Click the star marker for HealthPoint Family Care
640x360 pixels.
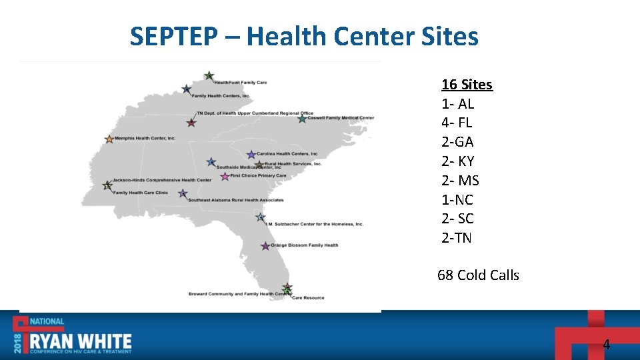pyautogui.click(x=209, y=76)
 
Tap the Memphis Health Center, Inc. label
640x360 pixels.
pyautogui.click(x=145, y=139)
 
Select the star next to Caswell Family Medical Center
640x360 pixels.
pyautogui.click(x=302, y=119)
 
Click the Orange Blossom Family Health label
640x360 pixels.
pyautogui.click(x=304, y=245)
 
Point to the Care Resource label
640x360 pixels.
pyautogui.click(x=308, y=297)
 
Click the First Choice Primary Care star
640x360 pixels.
pyautogui.click(x=225, y=176)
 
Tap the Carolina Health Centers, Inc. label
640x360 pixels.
pyautogui.click(x=287, y=154)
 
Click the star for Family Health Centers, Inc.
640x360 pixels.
pyautogui.click(x=187, y=89)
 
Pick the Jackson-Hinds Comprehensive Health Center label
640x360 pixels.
pyautogui.click(x=162, y=180)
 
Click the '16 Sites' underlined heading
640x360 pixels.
pyautogui.click(x=467, y=85)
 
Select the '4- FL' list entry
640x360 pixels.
pyautogui.click(x=457, y=123)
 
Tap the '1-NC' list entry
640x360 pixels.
pyautogui.click(x=457, y=200)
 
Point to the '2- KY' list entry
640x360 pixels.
pyautogui.click(x=458, y=161)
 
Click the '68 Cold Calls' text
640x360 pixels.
pyautogui.click(x=478, y=275)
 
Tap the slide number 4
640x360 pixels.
pyautogui.click(x=606, y=345)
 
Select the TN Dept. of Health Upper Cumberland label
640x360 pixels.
pyautogui.click(x=255, y=113)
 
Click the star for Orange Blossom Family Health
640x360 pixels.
pyautogui.click(x=265, y=246)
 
